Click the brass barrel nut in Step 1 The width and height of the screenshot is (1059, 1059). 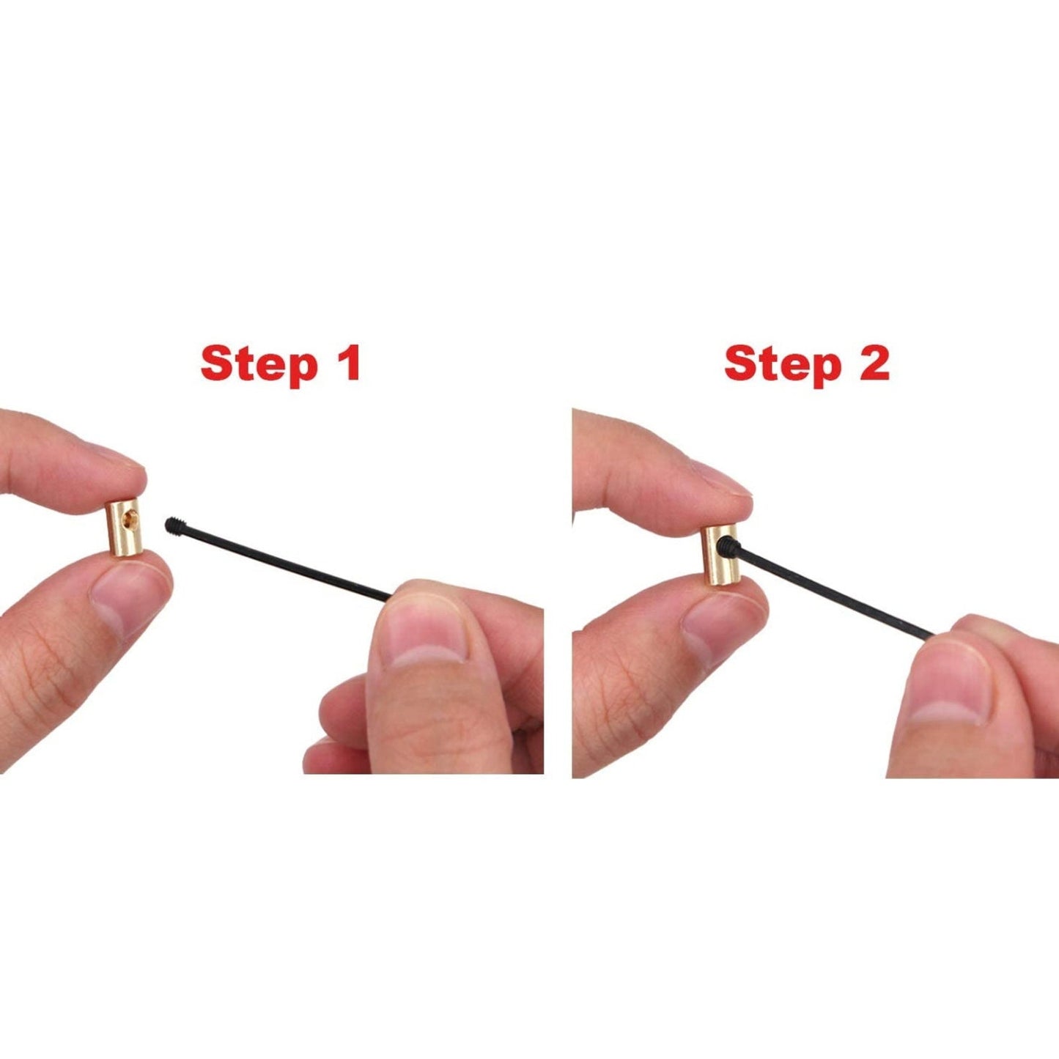(x=124, y=528)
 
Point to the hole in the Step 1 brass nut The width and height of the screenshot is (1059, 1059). (x=130, y=517)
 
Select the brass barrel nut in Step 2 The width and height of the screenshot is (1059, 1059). (x=720, y=556)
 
